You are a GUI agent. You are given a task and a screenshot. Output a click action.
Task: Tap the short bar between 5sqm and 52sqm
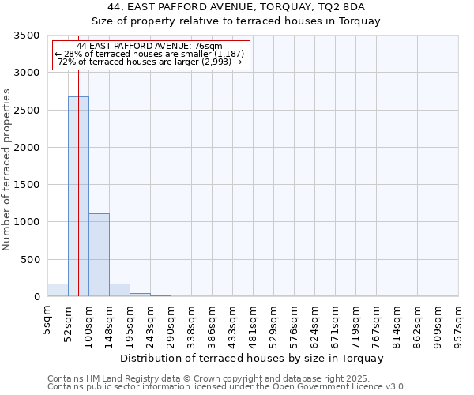pyautogui.click(x=58, y=290)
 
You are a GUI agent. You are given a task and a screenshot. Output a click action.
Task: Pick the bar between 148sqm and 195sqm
pyautogui.click(x=119, y=290)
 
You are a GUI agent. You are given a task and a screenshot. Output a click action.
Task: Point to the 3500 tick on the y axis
pyautogui.click(x=28, y=36)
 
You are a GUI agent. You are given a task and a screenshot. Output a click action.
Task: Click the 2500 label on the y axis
pyautogui.click(x=28, y=111)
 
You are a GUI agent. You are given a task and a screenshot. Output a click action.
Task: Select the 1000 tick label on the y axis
pyautogui.click(x=28, y=222)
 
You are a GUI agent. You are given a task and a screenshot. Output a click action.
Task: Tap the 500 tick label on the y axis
pyautogui.click(x=32, y=260)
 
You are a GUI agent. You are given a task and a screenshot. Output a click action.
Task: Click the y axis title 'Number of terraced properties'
pyautogui.click(x=7, y=170)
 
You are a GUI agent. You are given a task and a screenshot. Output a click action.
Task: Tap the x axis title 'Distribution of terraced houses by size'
pyautogui.click(x=253, y=358)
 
